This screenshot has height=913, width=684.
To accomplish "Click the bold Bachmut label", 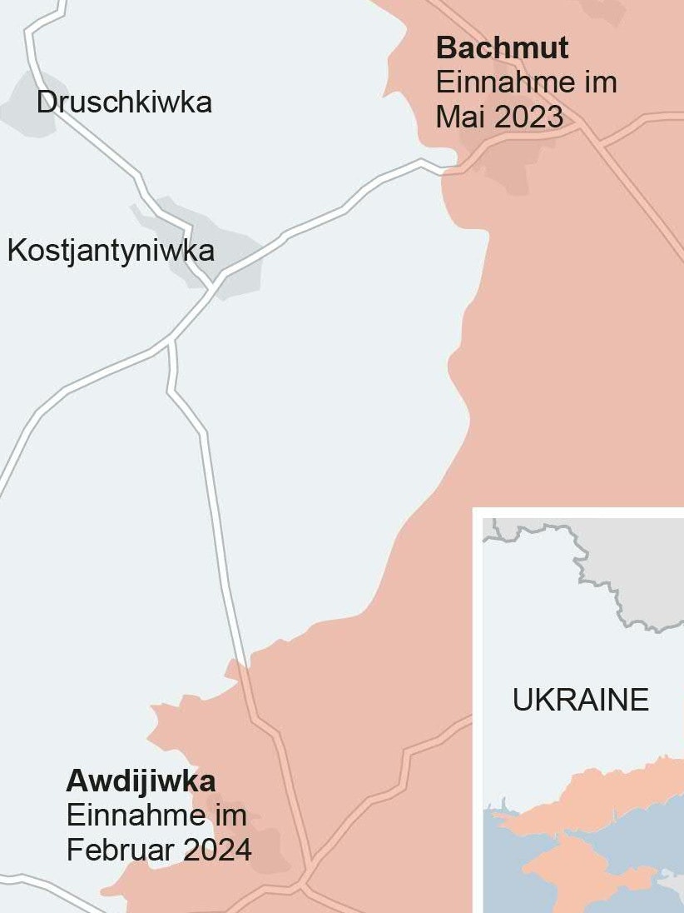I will click(x=502, y=48).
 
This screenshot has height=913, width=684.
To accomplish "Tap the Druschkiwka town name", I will click(x=124, y=102).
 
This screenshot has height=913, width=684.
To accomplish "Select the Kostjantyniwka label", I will click(x=111, y=250).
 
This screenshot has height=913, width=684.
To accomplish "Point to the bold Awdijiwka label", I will click(x=141, y=781).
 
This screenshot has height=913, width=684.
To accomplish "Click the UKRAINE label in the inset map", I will click(x=580, y=700).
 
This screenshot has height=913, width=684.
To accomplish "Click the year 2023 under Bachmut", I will click(x=529, y=117).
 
